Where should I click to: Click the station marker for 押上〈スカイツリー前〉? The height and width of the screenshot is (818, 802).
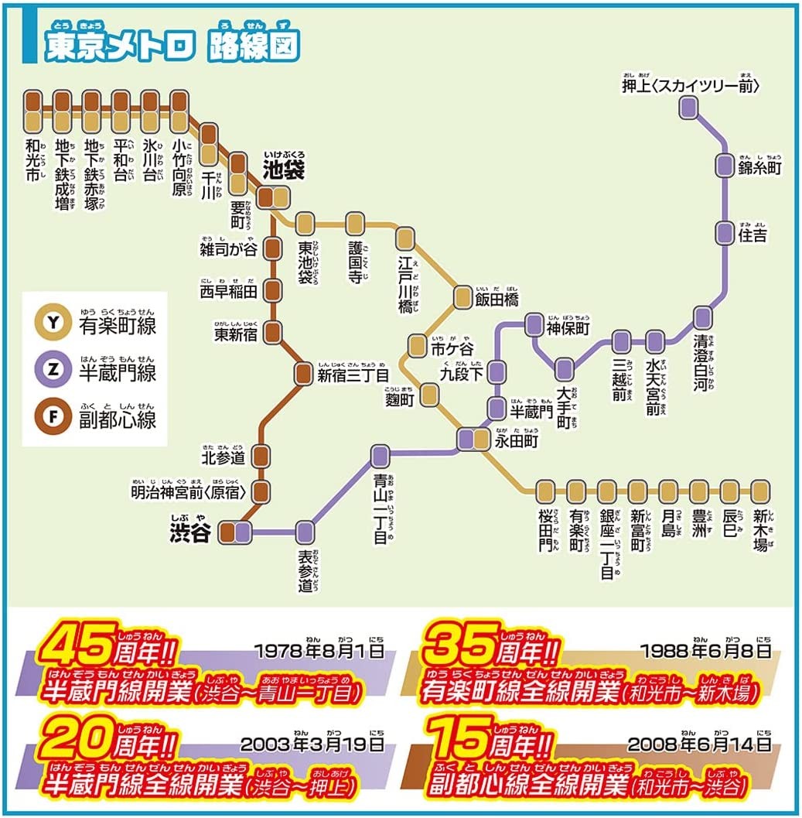pyautogui.click(x=688, y=108)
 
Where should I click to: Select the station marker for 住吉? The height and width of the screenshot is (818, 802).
pyautogui.click(x=724, y=231)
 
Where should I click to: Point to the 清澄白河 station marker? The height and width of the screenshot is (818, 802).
pyautogui.click(x=702, y=317)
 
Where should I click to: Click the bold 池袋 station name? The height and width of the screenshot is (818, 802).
pyautogui.click(x=285, y=166)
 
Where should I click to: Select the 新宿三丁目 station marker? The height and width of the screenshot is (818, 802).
pyautogui.click(x=303, y=374)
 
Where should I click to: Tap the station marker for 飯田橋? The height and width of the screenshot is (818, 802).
pyautogui.click(x=462, y=296)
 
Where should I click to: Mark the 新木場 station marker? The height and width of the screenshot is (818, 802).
pyautogui.click(x=760, y=490)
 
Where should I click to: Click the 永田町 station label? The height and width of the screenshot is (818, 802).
pyautogui.click(x=516, y=441)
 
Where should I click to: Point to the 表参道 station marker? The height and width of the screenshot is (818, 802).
pyautogui.click(x=305, y=531)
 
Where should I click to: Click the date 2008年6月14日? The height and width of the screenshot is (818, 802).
pyautogui.click(x=699, y=744)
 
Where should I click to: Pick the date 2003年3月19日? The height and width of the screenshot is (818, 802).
pyautogui.click(x=312, y=744)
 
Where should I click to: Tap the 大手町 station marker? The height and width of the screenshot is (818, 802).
pyautogui.click(x=565, y=370)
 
